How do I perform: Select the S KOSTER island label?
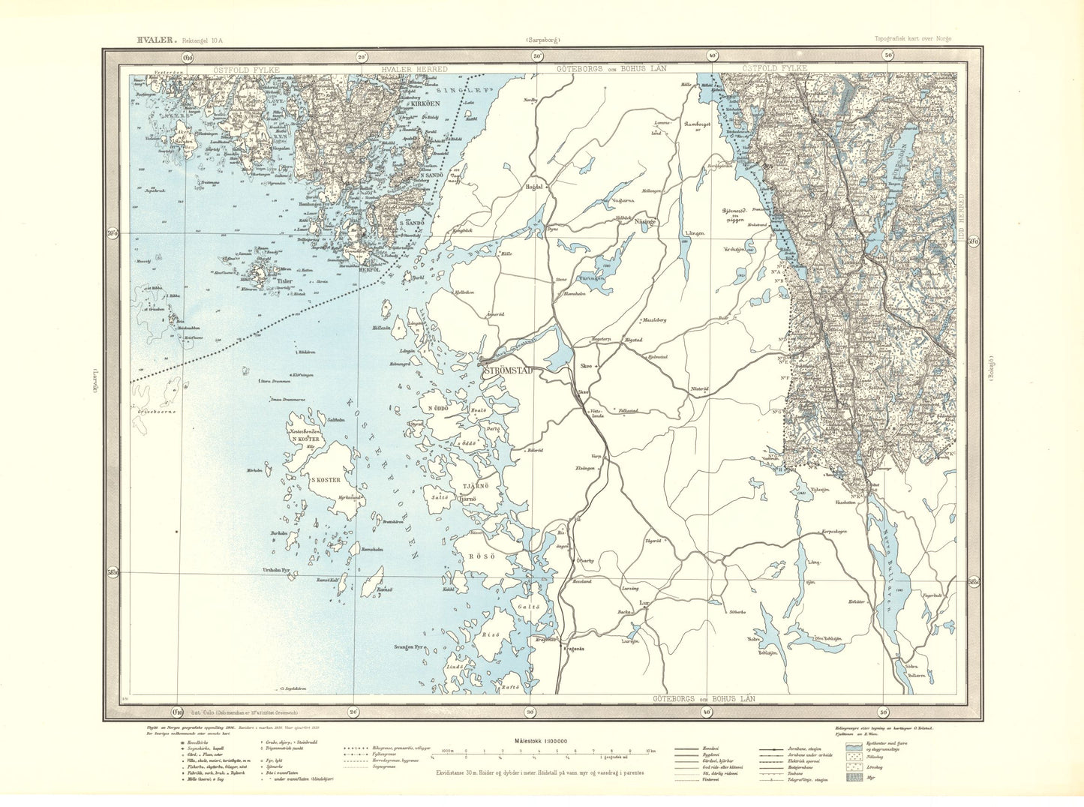(x=321, y=479)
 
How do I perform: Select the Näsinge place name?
(x=645, y=222)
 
